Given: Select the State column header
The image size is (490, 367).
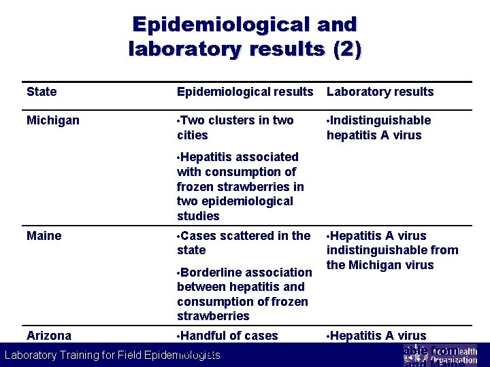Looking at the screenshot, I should [x=42, y=92].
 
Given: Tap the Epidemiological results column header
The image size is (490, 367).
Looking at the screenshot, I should [x=245, y=92].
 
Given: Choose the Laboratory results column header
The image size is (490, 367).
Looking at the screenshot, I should [x=380, y=92].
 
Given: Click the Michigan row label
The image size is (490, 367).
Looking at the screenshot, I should [x=53, y=120].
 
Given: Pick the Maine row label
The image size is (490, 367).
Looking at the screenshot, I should [x=44, y=236].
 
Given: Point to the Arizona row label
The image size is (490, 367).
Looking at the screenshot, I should [x=49, y=336].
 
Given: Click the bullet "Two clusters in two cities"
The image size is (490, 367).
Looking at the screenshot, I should [x=235, y=128].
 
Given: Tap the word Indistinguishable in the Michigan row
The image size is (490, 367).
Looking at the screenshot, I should [x=380, y=120].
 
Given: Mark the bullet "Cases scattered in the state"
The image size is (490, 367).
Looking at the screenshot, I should [x=244, y=243].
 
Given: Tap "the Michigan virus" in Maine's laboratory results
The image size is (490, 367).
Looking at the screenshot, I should [x=380, y=265].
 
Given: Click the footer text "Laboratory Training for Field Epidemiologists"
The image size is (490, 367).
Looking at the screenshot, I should [x=112, y=355].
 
